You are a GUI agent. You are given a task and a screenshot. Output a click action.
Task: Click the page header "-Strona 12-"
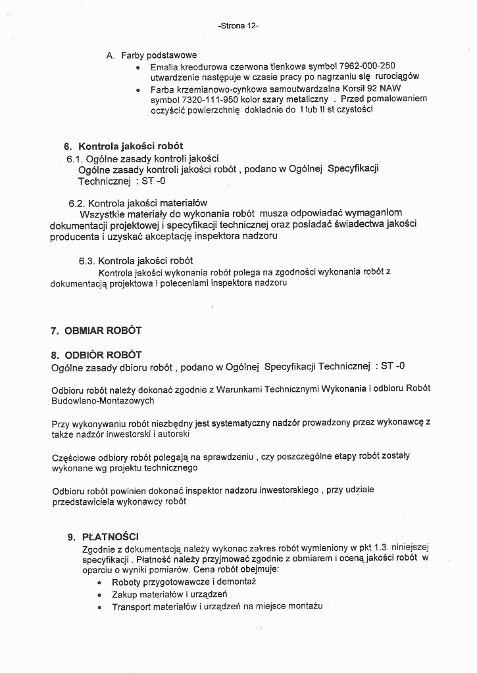(238, 26)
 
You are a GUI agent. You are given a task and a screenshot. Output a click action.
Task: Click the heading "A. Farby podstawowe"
(151, 55)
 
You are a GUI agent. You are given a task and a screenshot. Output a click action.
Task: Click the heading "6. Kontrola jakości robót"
(124, 146)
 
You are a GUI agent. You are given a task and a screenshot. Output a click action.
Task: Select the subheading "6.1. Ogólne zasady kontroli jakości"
(143, 158)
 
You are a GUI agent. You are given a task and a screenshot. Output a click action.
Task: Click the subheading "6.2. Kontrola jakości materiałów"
(138, 203)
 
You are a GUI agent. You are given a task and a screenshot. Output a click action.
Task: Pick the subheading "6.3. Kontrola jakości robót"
(136, 260)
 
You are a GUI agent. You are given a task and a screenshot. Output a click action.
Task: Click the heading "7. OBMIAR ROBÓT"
(96, 330)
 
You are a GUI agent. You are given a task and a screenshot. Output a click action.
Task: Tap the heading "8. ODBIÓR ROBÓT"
(96, 355)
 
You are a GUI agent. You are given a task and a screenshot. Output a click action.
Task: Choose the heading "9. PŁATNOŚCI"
(103, 537)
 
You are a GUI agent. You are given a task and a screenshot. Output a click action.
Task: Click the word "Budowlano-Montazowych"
(103, 400)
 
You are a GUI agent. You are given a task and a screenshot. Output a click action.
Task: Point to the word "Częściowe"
(73, 455)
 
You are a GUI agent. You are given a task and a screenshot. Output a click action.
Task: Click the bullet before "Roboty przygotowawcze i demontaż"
(99, 583)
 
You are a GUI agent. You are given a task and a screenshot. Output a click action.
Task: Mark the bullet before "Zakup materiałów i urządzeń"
(99, 595)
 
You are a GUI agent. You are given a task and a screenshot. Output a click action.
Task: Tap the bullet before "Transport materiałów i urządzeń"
(99, 607)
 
